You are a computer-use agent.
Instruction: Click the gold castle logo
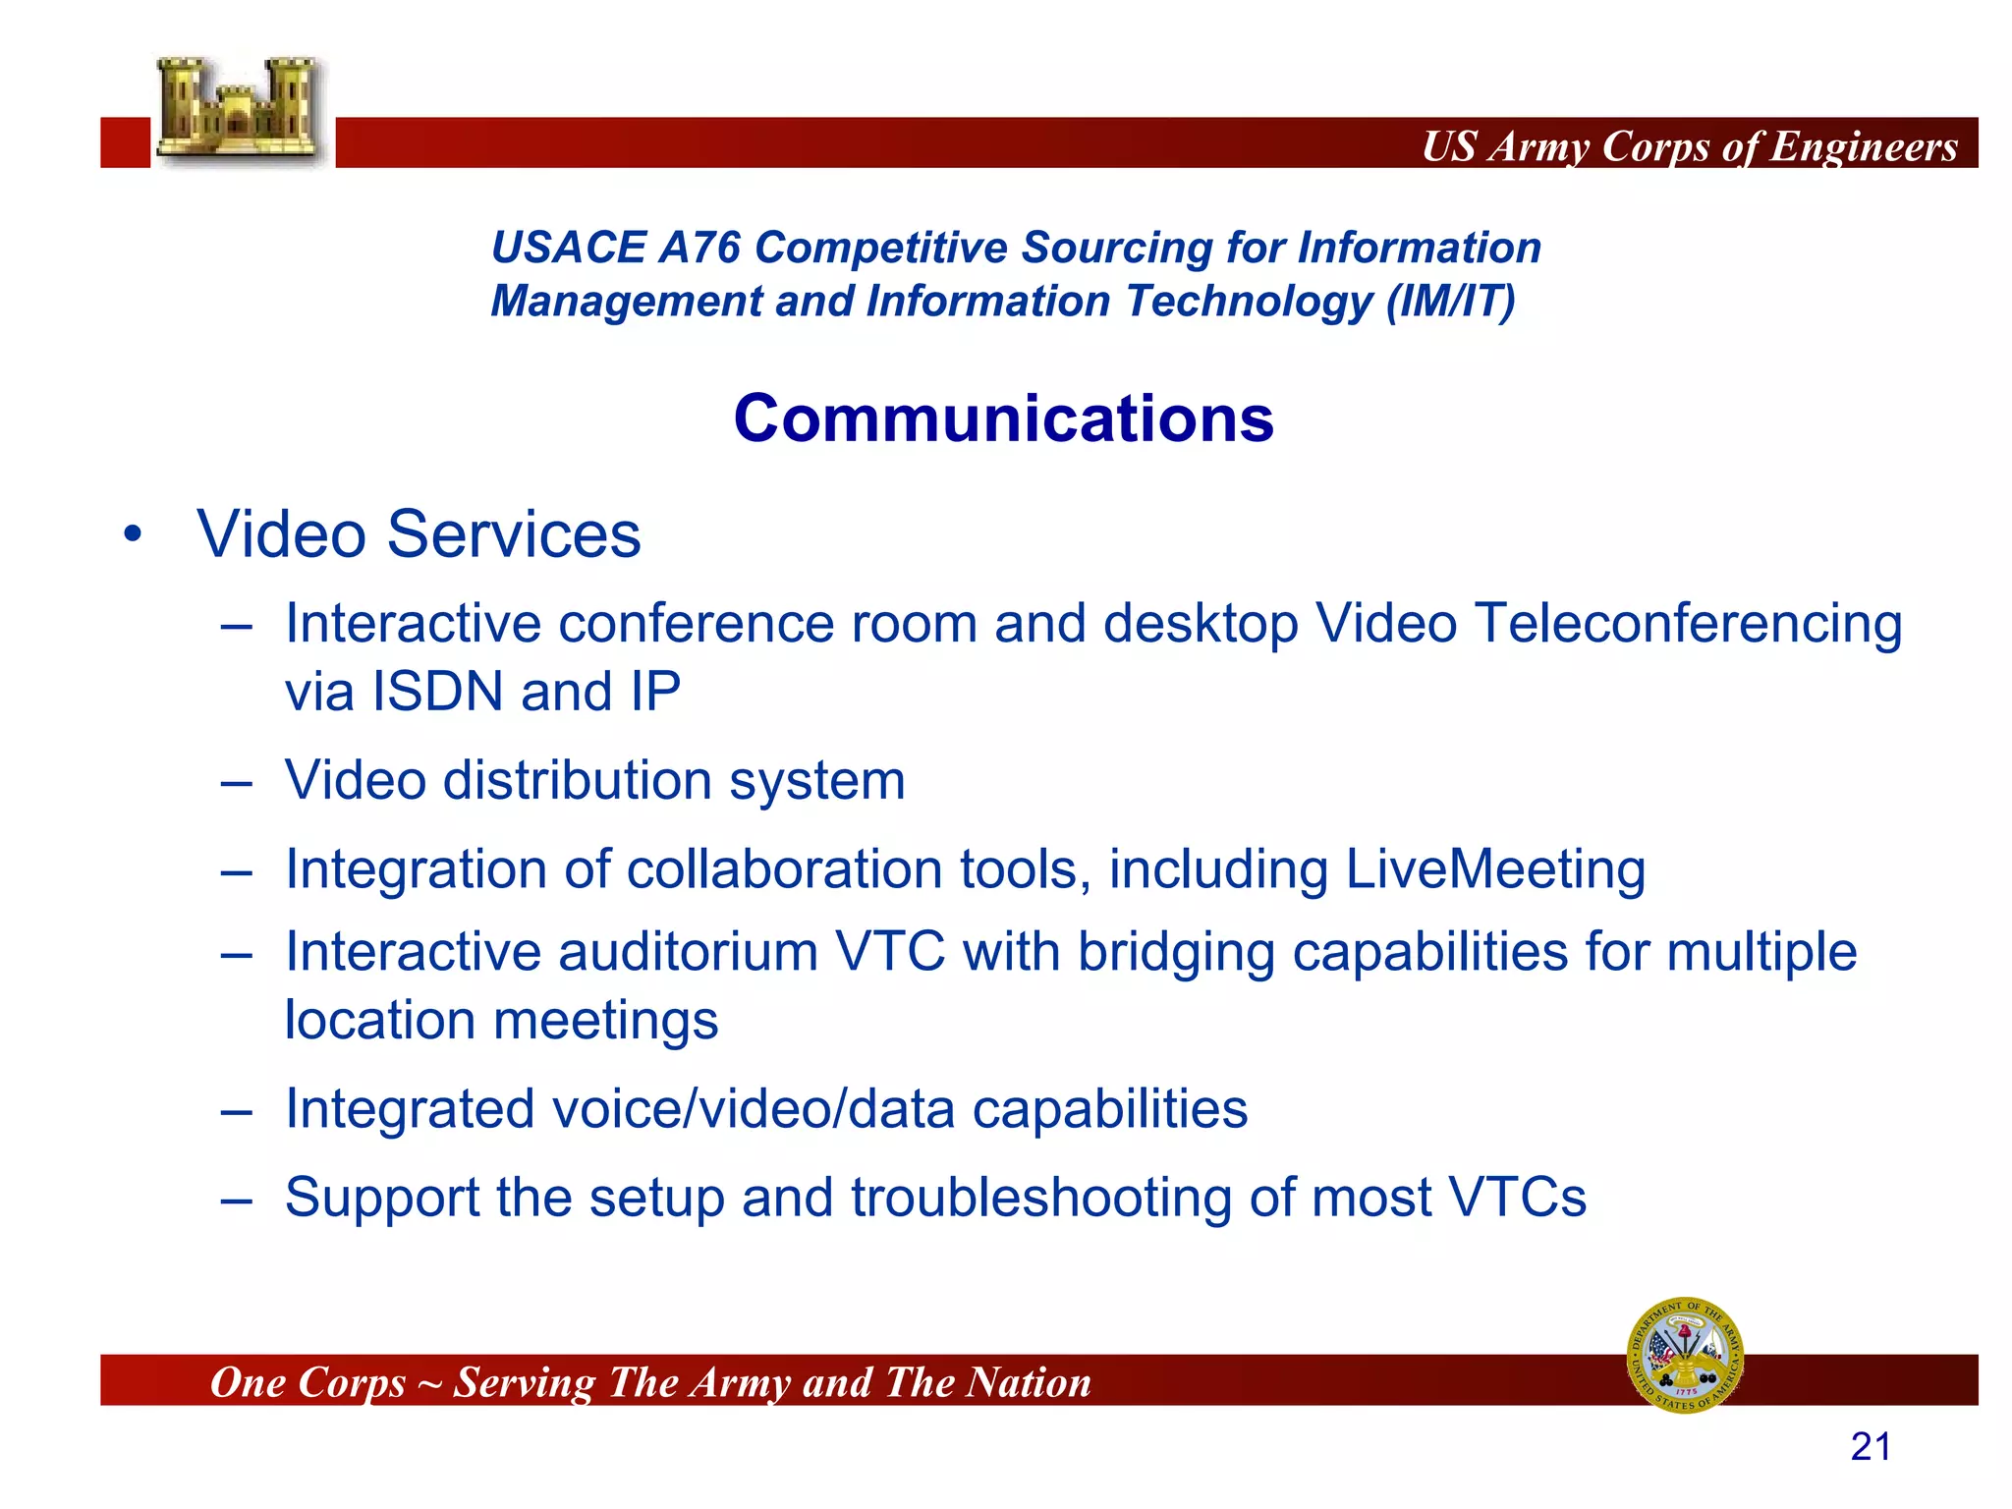pos(239,110)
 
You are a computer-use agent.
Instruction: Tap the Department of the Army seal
pos(1685,1355)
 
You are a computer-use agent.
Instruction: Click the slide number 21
pos(1871,1447)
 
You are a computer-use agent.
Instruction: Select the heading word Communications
pos(1003,419)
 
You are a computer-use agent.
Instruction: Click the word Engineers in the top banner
pos(1864,146)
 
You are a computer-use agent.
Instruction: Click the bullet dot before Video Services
pos(133,536)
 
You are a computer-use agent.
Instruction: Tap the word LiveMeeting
pos(1495,869)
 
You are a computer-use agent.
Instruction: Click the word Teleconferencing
pos(1689,625)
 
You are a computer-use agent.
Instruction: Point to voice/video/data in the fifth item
pos(754,1110)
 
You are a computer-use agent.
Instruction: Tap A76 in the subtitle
pos(699,248)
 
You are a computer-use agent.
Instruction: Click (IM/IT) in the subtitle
pos(1450,302)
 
